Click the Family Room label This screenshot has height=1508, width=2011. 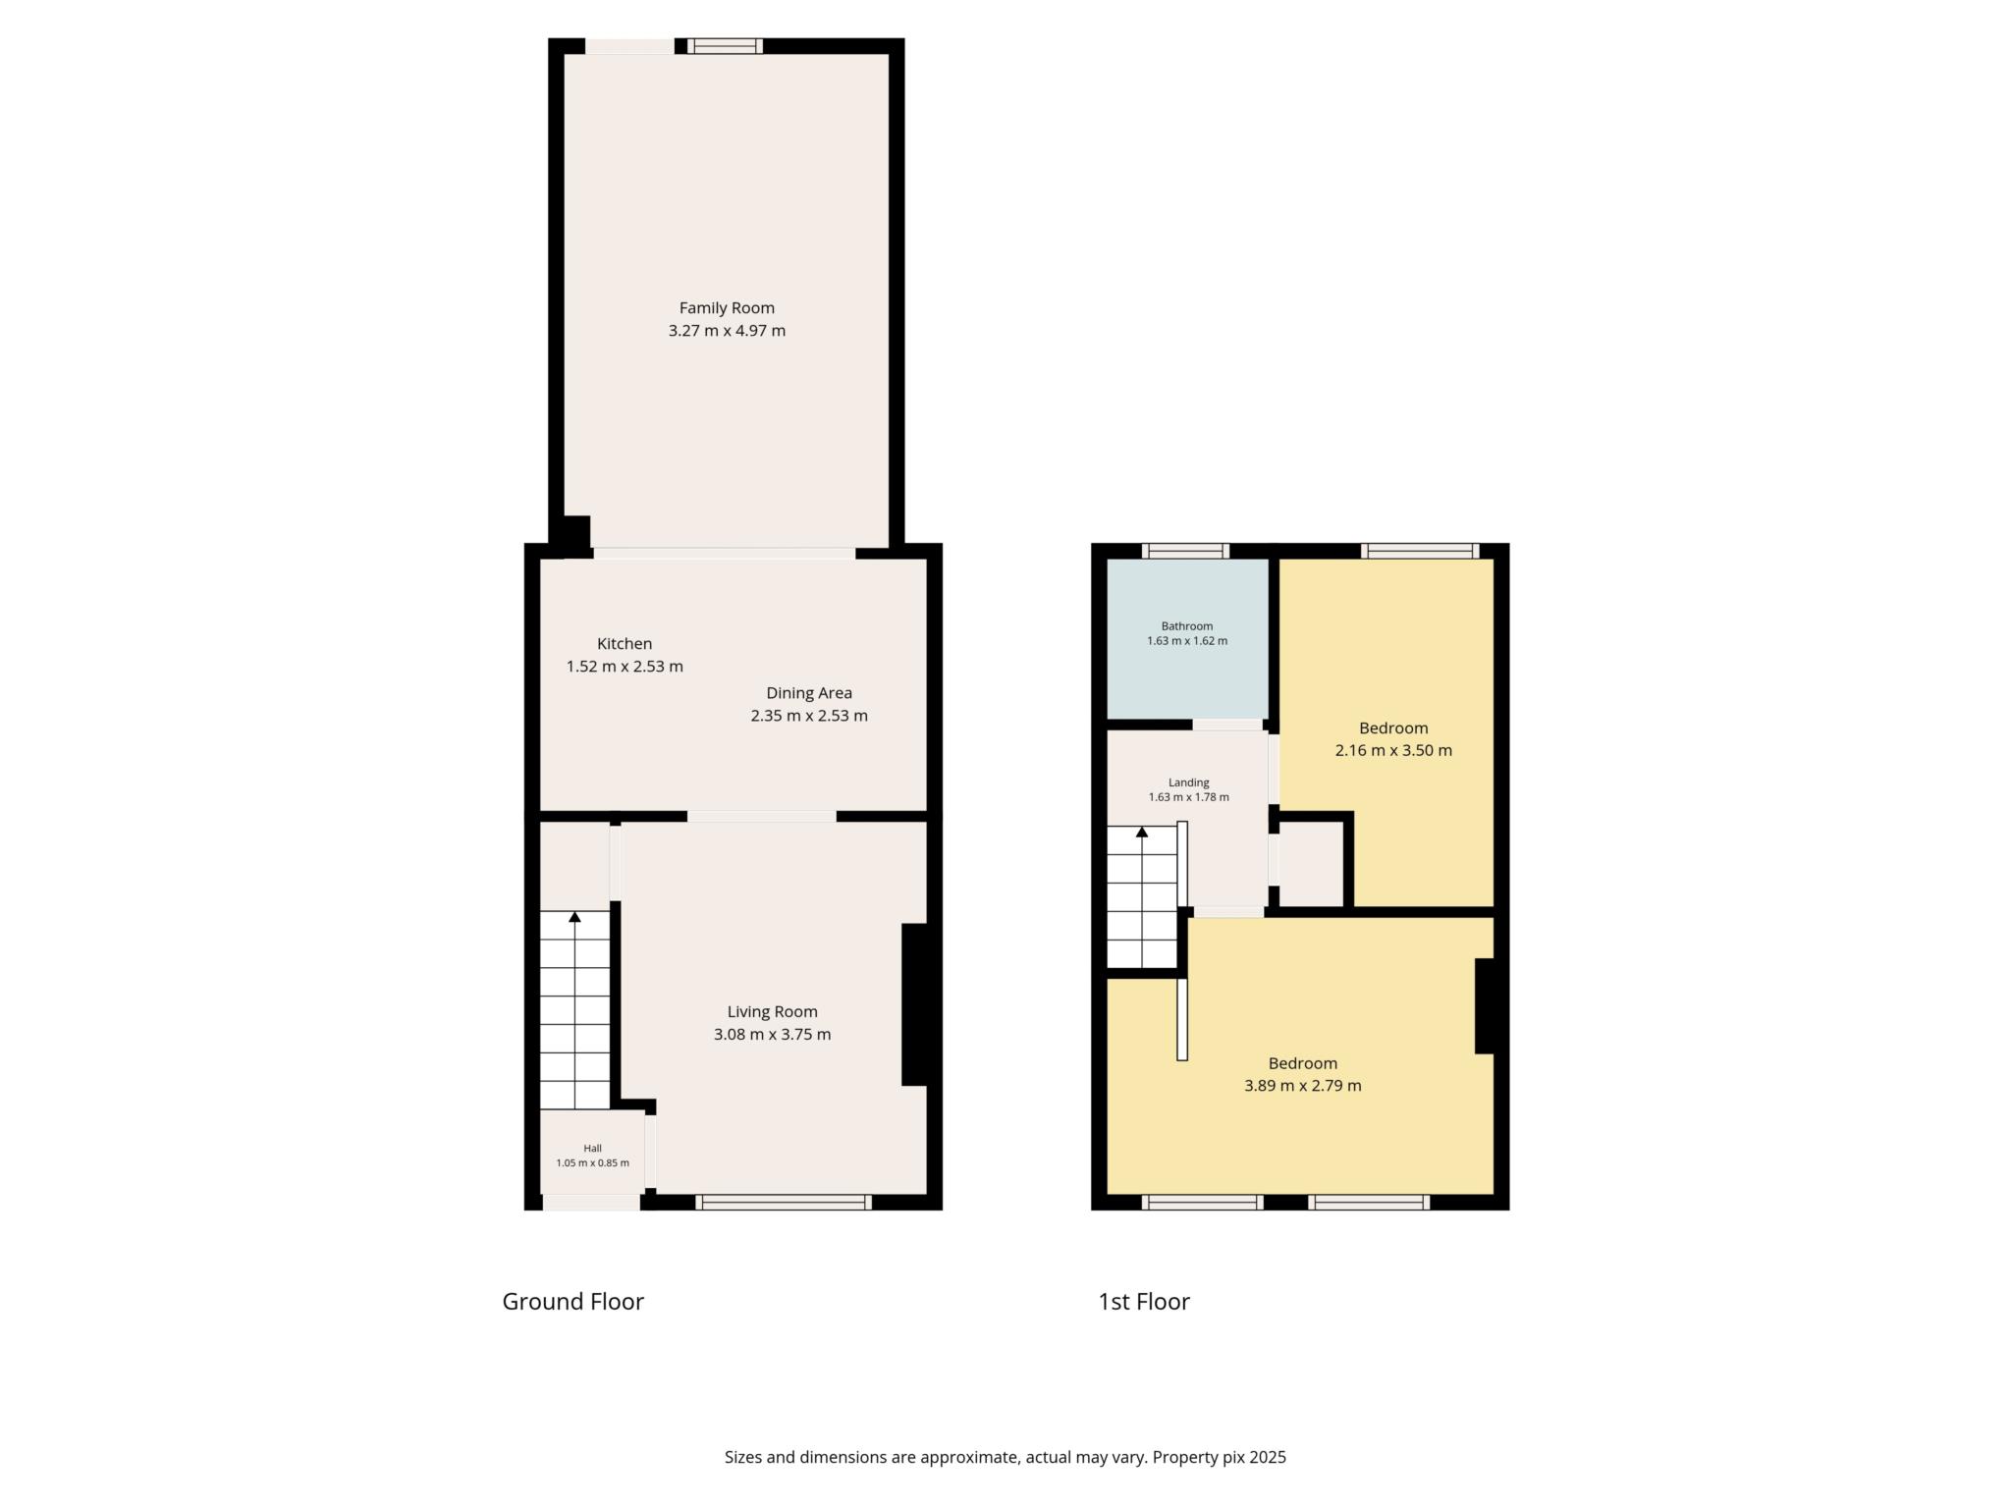pyautogui.click(x=727, y=308)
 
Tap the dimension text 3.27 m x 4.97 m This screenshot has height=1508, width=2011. pyautogui.click(x=727, y=331)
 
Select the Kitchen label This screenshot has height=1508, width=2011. pyautogui.click(x=625, y=644)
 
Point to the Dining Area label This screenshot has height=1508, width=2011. pyautogui.click(x=809, y=693)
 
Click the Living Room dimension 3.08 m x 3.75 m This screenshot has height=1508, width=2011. pyautogui.click(x=772, y=1035)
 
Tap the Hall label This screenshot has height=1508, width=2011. pyautogui.click(x=592, y=1149)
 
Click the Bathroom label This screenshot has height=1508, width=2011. pyautogui.click(x=1187, y=626)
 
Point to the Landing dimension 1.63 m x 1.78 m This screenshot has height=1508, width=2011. pyautogui.click(x=1188, y=797)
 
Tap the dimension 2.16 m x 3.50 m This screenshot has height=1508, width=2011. pyautogui.click(x=1393, y=751)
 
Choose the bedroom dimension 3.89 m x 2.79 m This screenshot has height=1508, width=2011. pyautogui.click(x=1302, y=1086)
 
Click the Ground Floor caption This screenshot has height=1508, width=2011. pyautogui.click(x=572, y=1302)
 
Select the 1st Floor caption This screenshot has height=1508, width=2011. pyautogui.click(x=1144, y=1302)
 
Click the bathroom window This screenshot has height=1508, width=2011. pyautogui.click(x=1185, y=551)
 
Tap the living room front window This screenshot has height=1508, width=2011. pyautogui.click(x=784, y=1202)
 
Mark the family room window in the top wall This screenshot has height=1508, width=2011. pyautogui.click(x=725, y=45)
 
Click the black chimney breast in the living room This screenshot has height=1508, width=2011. pyautogui.click(x=914, y=1004)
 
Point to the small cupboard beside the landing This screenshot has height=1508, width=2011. pyautogui.click(x=1312, y=864)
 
